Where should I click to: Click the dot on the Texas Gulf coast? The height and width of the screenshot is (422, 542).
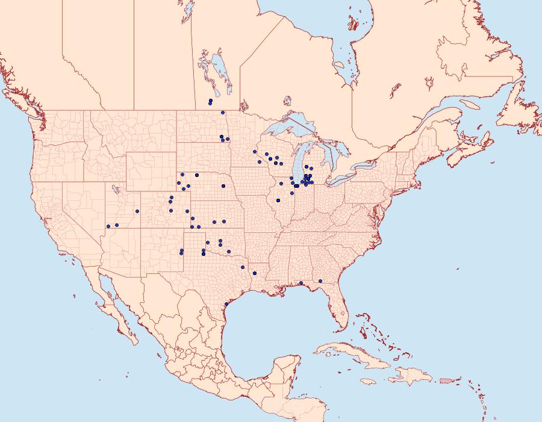click(x=226, y=304)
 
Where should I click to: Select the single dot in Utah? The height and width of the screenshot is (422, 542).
click(x=137, y=211)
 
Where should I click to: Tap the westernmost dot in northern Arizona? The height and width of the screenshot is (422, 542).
click(x=108, y=226)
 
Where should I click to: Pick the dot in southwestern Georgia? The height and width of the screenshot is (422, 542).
click(x=320, y=281)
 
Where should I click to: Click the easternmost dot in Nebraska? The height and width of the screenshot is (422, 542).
click(x=223, y=186)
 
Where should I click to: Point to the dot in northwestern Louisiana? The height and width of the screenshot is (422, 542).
click(x=243, y=267)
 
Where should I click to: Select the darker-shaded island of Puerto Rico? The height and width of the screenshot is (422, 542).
click(x=445, y=380)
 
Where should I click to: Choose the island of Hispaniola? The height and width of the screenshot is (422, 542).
click(x=412, y=377)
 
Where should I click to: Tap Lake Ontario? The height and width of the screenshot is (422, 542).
click(x=367, y=164)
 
